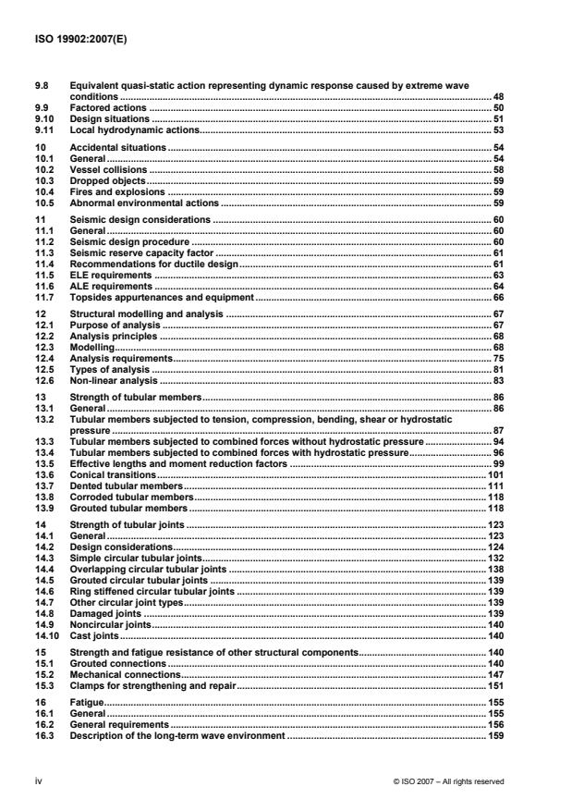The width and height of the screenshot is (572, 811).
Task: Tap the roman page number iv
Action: [37, 781]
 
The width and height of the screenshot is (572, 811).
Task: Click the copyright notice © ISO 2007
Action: [448, 781]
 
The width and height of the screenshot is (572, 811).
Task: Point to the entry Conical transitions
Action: [114, 473]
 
